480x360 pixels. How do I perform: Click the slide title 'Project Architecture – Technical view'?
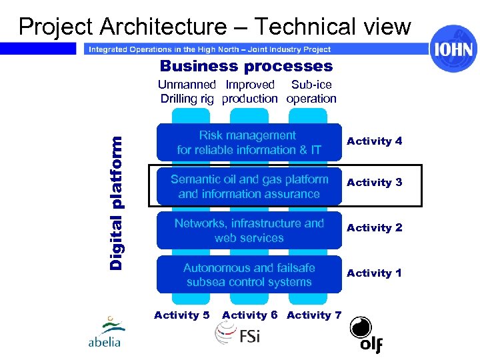tap(215, 26)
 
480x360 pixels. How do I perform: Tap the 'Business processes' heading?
tap(246, 66)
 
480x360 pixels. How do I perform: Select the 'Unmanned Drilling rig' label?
tap(187, 92)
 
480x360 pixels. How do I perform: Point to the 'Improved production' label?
tap(250, 92)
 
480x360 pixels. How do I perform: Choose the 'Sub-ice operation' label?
tap(311, 92)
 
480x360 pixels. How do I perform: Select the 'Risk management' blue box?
tap(249, 143)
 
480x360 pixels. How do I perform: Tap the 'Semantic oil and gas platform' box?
tap(249, 187)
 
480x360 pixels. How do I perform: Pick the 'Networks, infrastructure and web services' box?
tap(249, 231)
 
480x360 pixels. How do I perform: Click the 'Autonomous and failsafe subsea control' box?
tap(249, 275)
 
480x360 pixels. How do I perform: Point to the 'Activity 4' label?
tap(374, 141)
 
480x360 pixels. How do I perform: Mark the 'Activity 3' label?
tap(374, 183)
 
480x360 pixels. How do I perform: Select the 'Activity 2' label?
tap(374, 228)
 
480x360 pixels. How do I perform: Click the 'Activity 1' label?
tap(374, 273)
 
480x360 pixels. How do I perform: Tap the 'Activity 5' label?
tap(181, 315)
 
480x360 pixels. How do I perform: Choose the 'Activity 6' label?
tap(249, 315)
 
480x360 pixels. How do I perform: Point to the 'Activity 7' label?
tap(314, 315)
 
